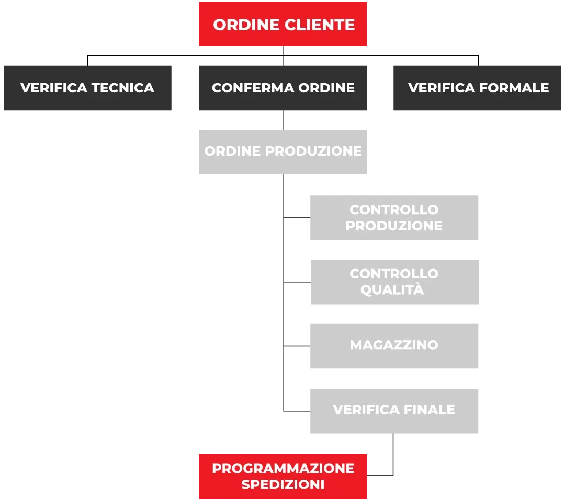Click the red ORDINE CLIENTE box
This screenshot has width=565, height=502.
click(283, 24)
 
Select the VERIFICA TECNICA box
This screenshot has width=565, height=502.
click(87, 88)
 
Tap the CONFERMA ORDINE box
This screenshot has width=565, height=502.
click(283, 88)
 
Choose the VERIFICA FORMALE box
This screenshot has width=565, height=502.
click(478, 88)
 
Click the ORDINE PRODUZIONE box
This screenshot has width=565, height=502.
click(283, 152)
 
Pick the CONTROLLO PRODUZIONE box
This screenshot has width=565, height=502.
click(394, 218)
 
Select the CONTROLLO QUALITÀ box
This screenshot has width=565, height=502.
click(395, 282)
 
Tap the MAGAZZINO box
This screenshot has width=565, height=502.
click(394, 346)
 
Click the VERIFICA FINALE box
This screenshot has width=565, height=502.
click(394, 411)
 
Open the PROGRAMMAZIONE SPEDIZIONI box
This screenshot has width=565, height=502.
click(283, 476)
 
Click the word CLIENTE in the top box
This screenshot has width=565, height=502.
click(320, 25)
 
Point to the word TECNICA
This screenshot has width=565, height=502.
click(123, 88)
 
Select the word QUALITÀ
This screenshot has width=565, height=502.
click(392, 289)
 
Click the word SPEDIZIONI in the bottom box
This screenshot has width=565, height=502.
click(283, 484)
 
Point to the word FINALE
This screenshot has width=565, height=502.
click(429, 410)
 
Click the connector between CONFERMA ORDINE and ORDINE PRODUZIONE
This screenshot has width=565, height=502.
click(284, 120)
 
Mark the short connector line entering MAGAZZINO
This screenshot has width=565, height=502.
click(297, 346)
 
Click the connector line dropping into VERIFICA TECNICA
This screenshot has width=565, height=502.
click(87, 61)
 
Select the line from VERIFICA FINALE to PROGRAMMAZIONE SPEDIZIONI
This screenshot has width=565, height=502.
click(393, 455)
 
